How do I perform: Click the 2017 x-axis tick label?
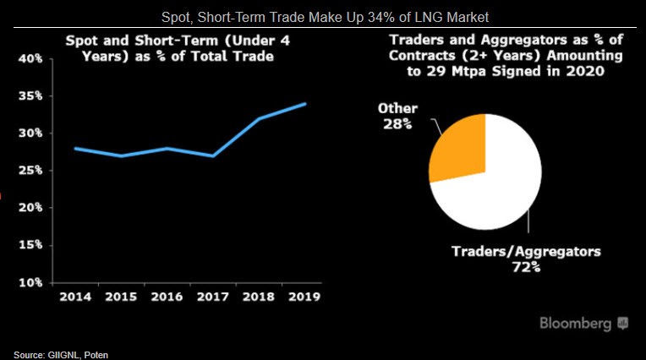click(211, 297)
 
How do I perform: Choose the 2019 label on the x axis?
click(303, 297)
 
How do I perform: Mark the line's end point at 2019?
click(304, 104)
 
